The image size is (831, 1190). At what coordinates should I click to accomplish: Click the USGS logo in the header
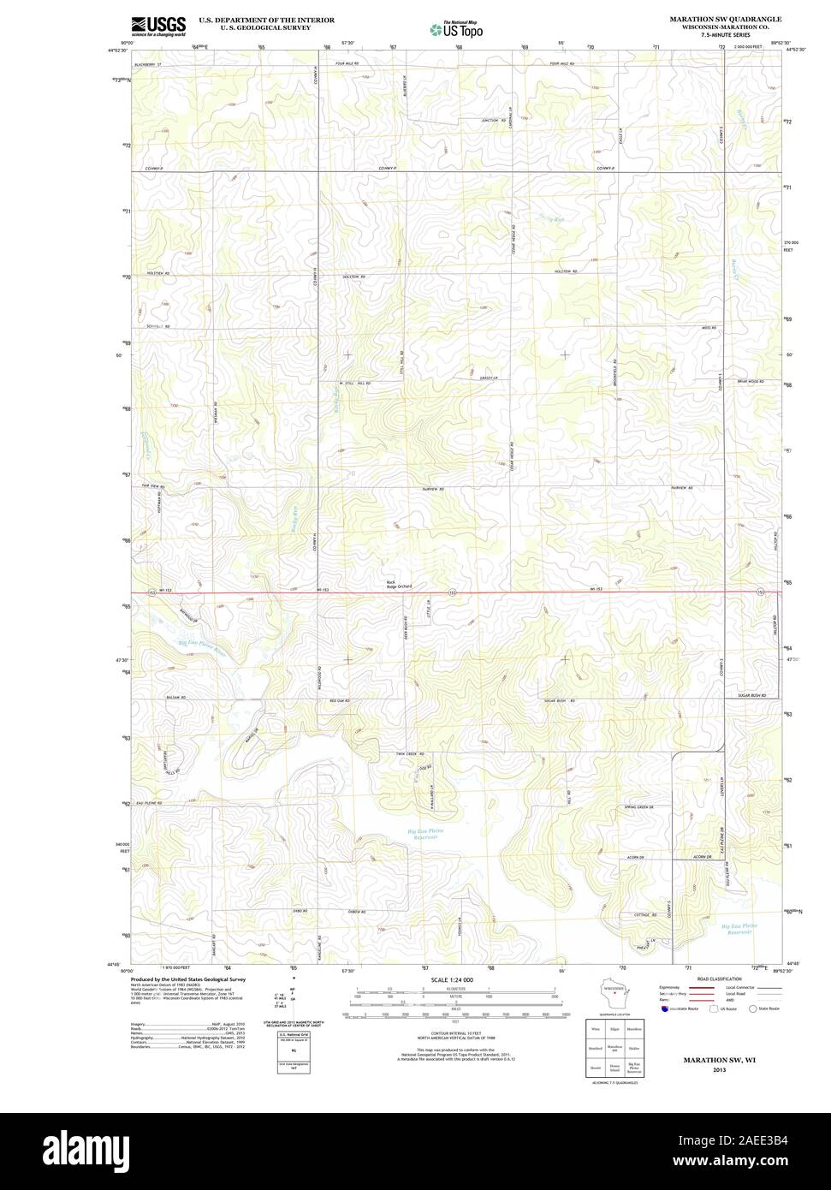pos(158,26)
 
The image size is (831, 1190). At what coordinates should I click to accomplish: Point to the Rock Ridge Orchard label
pos(399,585)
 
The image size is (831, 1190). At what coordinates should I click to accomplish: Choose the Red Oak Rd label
pos(339,701)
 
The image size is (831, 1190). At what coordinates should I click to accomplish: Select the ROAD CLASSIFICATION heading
pos(712,979)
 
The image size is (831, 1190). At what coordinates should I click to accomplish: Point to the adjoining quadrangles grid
pos(614,1046)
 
